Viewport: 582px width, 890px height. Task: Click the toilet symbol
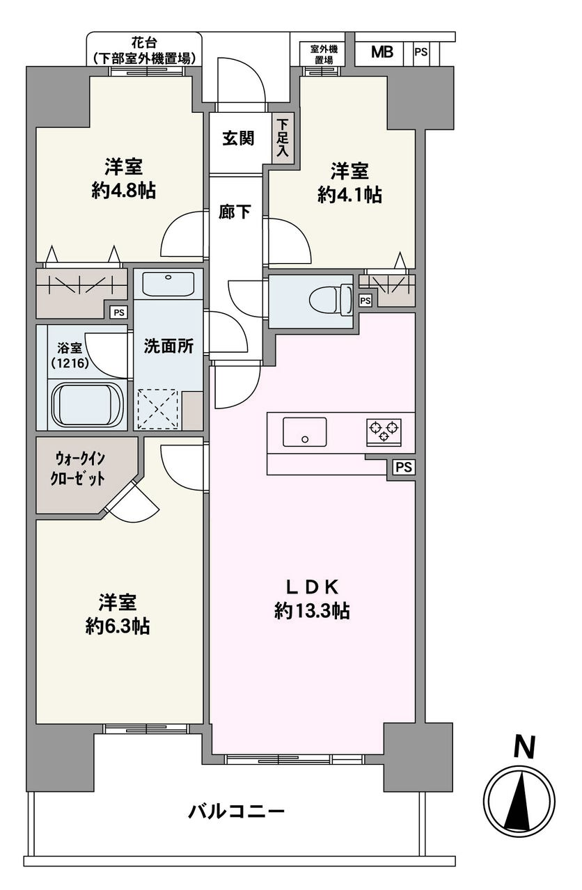(x=331, y=300)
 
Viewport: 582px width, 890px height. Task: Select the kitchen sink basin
(x=304, y=431)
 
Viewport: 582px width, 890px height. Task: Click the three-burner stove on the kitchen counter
(x=384, y=432)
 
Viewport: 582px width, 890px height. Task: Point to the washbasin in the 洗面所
(x=168, y=283)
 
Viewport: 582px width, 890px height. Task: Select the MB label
(x=382, y=51)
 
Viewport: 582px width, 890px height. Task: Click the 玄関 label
(x=237, y=138)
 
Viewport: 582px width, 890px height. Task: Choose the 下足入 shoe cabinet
(x=283, y=138)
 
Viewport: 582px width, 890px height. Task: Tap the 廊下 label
(x=235, y=212)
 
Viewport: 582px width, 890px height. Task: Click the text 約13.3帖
(x=312, y=611)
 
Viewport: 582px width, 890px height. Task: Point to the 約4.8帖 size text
(x=124, y=191)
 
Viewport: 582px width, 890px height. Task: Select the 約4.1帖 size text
(x=350, y=195)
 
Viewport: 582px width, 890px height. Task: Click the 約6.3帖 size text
(x=118, y=626)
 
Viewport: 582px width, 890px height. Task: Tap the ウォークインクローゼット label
(x=78, y=469)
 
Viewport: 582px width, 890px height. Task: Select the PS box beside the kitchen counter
(x=404, y=467)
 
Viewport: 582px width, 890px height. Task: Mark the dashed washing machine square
(x=157, y=409)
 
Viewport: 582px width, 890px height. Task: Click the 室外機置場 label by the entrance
(x=324, y=54)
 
